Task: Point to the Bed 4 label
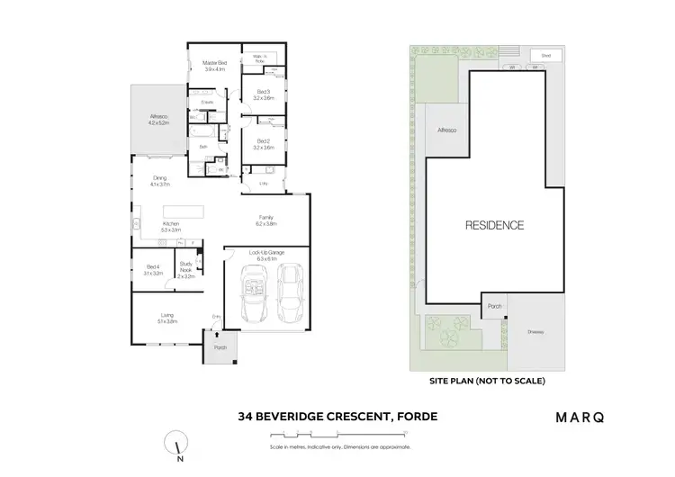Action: (153, 269)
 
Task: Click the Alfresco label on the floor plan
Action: (159, 120)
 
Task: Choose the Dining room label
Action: (160, 181)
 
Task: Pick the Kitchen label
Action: (171, 228)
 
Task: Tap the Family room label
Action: (266, 220)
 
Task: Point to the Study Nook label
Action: (186, 271)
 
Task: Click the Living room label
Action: (166, 317)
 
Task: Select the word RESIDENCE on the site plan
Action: (494, 225)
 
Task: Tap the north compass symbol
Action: (177, 443)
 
